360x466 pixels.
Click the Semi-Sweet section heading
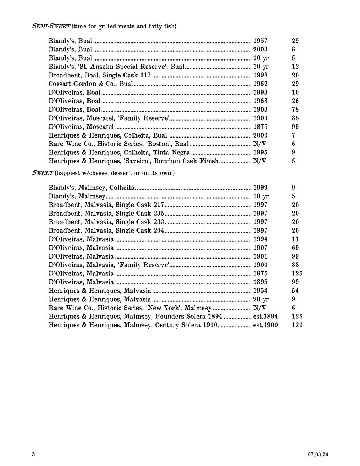pos(51,26)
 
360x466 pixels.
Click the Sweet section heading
pos(43,173)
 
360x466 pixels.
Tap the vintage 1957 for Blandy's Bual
pos(260,41)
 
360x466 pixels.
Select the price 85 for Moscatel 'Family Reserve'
pos(295,118)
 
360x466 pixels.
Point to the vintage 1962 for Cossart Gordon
pos(260,84)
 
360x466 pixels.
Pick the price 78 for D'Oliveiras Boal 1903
pos(295,109)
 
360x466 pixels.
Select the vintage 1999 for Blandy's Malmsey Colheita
pos(260,188)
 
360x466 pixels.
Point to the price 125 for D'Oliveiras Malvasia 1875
pos(297,274)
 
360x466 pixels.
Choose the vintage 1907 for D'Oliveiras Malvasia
pos(260,248)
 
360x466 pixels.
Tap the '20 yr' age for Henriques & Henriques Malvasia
pos(261,299)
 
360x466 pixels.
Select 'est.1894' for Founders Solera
pos(266,317)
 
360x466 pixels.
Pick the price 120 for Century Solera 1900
pos(297,325)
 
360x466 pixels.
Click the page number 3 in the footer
pos(33,454)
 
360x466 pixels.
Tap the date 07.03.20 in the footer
pos(318,454)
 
